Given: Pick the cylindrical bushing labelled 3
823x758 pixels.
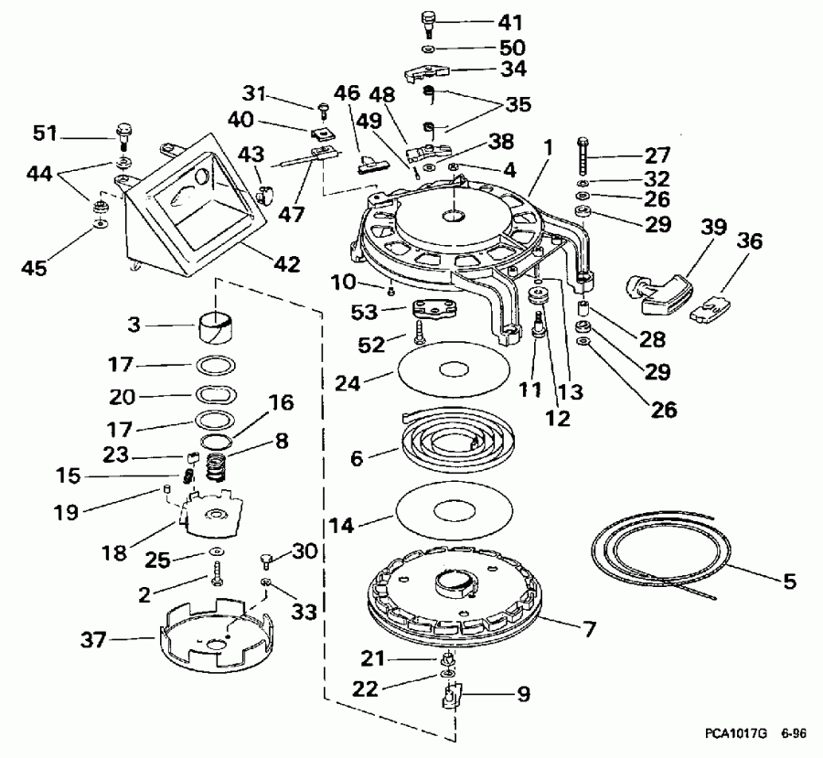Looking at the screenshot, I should tap(216, 325).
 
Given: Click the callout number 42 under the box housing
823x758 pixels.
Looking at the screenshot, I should tap(286, 264).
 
